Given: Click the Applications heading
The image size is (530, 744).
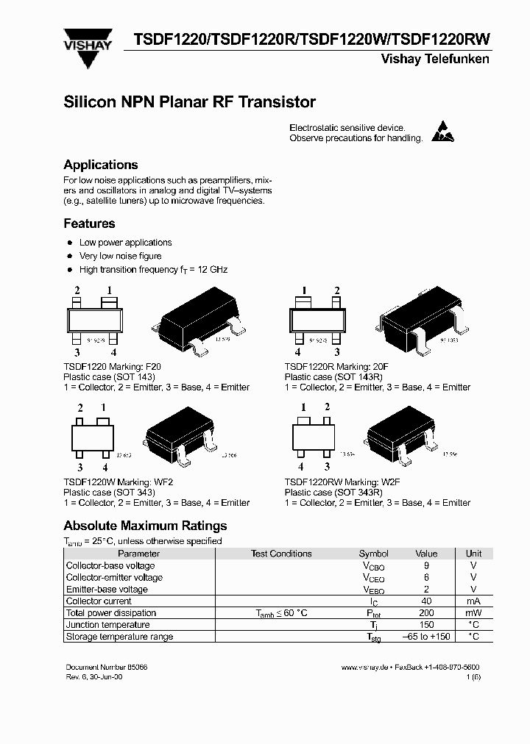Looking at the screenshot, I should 101,165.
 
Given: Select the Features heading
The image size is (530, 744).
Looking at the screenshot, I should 89,223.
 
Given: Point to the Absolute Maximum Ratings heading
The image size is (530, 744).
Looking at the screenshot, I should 145,526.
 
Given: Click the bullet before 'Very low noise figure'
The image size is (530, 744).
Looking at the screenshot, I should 70,256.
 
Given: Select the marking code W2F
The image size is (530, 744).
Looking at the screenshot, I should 389,481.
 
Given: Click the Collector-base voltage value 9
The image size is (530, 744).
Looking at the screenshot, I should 426,565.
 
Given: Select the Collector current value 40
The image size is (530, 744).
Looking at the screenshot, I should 426,601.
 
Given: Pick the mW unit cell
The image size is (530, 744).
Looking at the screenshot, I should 473,612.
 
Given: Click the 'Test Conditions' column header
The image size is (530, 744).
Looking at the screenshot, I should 281,554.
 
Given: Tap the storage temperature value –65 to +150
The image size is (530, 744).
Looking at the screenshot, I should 426,636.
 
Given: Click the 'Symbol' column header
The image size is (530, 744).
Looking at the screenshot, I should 373,554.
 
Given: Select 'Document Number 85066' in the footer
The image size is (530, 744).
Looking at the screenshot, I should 106,666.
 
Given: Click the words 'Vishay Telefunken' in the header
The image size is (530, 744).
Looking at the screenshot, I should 434,59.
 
